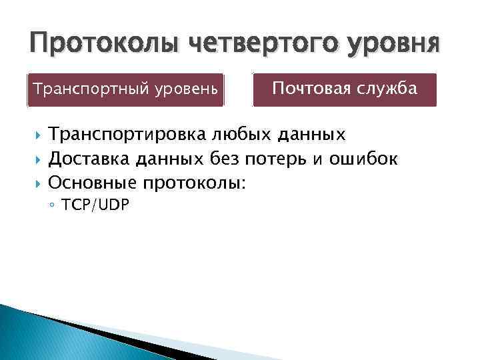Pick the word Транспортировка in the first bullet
pos(128,136)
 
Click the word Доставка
pos(90,159)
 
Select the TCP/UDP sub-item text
pos(95,205)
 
